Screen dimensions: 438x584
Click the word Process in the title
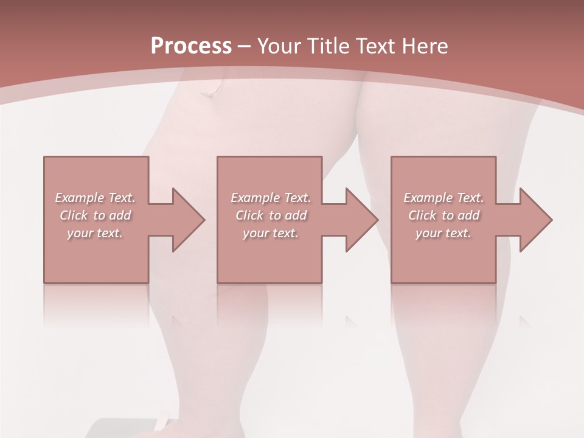(191, 46)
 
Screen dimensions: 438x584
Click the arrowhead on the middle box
(363, 220)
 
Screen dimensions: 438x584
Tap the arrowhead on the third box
(537, 220)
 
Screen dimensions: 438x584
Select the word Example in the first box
(79, 198)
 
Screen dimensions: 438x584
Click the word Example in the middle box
(255, 198)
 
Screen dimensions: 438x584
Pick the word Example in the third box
(428, 198)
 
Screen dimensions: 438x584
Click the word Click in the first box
(73, 215)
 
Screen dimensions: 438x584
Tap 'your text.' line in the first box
(95, 233)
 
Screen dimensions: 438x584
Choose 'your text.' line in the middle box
(270, 233)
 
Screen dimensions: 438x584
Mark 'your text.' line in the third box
(443, 233)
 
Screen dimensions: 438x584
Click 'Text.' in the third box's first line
(470, 198)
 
